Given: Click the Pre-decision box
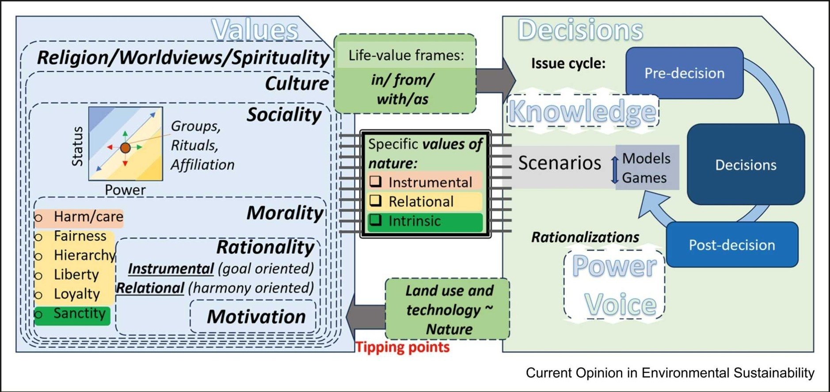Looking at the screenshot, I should tap(684, 73).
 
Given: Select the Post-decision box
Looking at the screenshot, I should tap(732, 245).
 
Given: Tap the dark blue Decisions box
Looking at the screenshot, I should tap(746, 165).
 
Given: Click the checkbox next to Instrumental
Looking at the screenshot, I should tap(376, 181).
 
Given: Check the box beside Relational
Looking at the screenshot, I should tap(376, 200).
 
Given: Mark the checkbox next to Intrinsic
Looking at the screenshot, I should tap(376, 220).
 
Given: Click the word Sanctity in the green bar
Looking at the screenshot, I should tap(79, 313).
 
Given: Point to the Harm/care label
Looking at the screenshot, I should tap(88, 217).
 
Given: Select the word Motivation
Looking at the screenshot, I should tap(256, 317).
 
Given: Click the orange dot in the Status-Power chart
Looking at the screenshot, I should tap(125, 148).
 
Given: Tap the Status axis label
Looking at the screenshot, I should tap(77, 146).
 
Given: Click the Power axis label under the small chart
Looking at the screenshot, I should tap(125, 190).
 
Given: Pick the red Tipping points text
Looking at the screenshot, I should tap(403, 347).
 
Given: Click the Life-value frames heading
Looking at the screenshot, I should tap(406, 55).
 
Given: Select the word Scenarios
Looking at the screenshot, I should tap(560, 163).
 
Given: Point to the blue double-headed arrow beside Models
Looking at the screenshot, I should tap(614, 169).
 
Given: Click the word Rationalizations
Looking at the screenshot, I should tap(585, 237).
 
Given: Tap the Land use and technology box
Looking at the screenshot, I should tap(448, 309).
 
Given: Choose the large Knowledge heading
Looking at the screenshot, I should tap(582, 111).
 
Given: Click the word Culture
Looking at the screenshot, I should tap(297, 84).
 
